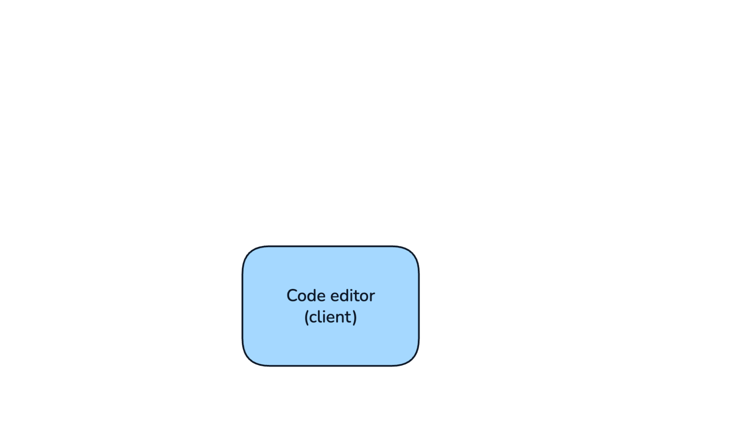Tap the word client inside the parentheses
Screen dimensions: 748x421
point(331,317)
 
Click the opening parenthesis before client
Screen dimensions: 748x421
point(306,317)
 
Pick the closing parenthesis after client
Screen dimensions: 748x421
point(355,317)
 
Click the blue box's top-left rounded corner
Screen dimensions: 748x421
point(251,254)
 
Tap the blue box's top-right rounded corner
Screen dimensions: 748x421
point(411,254)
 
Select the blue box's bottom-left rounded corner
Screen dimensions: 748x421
point(251,358)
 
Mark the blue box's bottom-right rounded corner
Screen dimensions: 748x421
point(411,358)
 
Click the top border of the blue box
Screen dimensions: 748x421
point(331,246)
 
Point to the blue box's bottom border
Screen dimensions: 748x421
point(331,366)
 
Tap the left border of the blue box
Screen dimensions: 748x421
point(243,306)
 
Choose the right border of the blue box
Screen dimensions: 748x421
point(419,306)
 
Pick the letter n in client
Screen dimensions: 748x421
point(342,318)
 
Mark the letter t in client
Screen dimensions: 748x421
point(349,317)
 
